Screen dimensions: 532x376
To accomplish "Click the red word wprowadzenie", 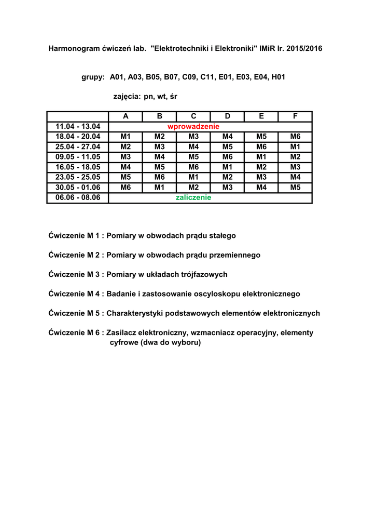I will tap(193, 127).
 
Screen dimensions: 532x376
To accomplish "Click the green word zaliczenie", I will tap(193, 198).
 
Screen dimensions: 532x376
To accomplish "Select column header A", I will tap(126, 116).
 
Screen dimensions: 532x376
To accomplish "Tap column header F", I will tap(295, 116).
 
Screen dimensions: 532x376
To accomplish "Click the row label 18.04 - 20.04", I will tap(78, 137).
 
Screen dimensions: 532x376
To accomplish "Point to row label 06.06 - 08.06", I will tap(78, 198).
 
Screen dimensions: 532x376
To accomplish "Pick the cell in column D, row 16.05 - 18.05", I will tap(227, 167).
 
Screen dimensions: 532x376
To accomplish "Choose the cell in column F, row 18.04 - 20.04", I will tap(295, 137).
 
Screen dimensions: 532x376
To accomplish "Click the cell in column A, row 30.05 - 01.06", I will tap(126, 188).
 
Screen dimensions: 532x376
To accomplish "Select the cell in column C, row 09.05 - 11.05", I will tap(193, 157).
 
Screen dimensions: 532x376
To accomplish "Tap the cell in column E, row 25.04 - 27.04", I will tap(261, 147).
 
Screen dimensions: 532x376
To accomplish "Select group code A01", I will tap(118, 77).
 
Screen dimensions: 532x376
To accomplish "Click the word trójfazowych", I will tap(202, 274).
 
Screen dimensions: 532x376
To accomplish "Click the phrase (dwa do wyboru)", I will tap(155, 343).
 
